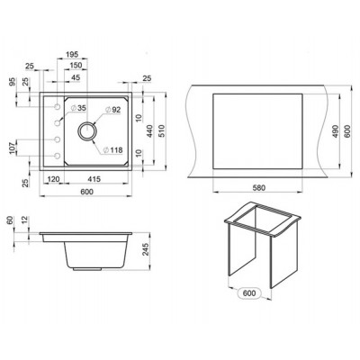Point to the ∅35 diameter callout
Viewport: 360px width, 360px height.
point(80,108)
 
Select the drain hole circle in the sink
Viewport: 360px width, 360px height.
point(89,132)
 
